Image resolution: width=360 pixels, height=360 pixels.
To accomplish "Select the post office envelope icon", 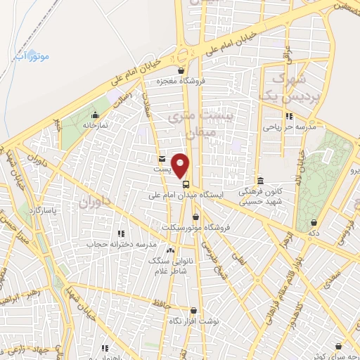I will (162, 159).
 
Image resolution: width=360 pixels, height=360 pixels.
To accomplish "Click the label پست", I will (162, 169).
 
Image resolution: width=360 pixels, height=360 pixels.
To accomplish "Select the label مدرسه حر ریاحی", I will (287, 127).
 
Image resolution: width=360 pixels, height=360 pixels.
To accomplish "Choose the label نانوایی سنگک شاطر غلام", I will (170, 264).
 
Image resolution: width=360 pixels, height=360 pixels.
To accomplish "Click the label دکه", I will (314, 232).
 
